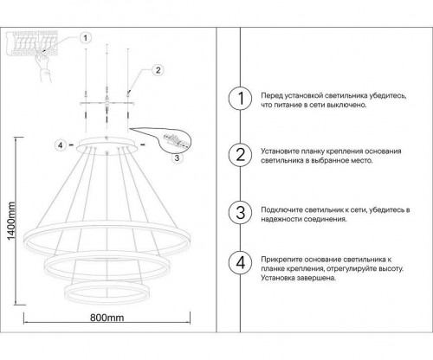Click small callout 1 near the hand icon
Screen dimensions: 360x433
tap(84, 38)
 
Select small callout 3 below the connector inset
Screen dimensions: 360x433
tap(177, 157)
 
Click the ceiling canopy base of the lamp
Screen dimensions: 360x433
tap(107, 143)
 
